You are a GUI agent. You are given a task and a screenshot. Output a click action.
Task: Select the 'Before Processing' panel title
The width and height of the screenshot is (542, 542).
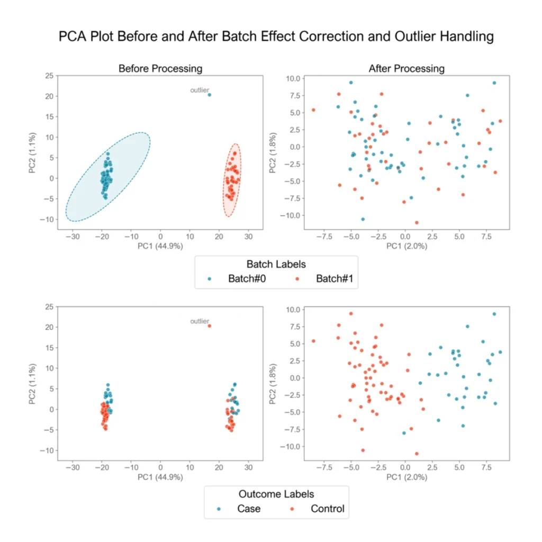point(160,69)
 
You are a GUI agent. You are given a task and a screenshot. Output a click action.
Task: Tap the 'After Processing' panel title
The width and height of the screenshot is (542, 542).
point(406,69)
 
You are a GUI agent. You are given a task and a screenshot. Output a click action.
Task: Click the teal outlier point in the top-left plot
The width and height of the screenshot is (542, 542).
point(209,95)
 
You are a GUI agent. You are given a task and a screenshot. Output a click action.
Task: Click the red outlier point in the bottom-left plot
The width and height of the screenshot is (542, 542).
point(209,326)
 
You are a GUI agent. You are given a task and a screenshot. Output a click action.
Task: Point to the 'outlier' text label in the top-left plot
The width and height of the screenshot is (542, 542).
point(200,91)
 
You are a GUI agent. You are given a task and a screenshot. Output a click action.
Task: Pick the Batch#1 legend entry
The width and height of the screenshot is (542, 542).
point(328,278)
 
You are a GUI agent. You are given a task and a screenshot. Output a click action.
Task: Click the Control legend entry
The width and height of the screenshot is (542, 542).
point(321,509)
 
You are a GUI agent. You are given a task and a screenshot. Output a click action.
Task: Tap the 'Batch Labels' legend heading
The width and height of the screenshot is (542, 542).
point(276,264)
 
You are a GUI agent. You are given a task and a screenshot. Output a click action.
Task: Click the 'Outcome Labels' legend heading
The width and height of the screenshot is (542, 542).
point(276,494)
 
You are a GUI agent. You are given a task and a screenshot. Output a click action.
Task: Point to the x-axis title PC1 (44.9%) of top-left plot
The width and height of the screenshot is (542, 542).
point(160,246)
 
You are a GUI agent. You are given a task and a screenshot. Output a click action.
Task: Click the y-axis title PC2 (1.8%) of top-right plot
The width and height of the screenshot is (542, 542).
point(273,151)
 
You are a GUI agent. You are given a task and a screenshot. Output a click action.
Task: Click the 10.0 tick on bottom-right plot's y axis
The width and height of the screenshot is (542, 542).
point(293,310)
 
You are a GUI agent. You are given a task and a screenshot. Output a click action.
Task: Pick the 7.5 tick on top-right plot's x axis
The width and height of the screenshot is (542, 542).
point(486,237)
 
